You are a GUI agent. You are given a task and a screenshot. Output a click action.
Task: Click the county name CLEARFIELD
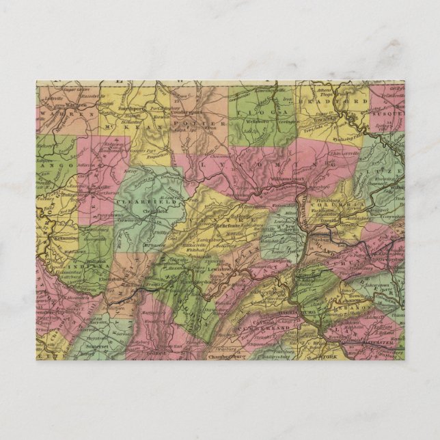[139, 202]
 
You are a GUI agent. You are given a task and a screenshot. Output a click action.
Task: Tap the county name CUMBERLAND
[273, 327]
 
